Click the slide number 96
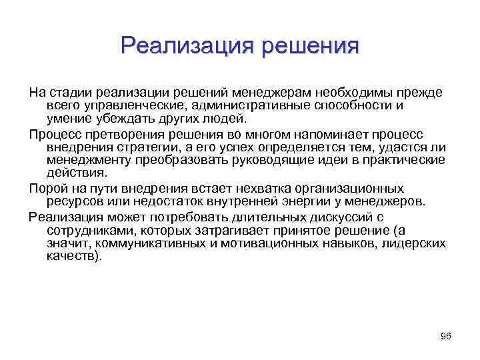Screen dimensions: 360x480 446,336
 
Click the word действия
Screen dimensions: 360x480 74,175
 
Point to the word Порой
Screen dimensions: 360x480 45,189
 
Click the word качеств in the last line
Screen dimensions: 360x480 72,258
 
